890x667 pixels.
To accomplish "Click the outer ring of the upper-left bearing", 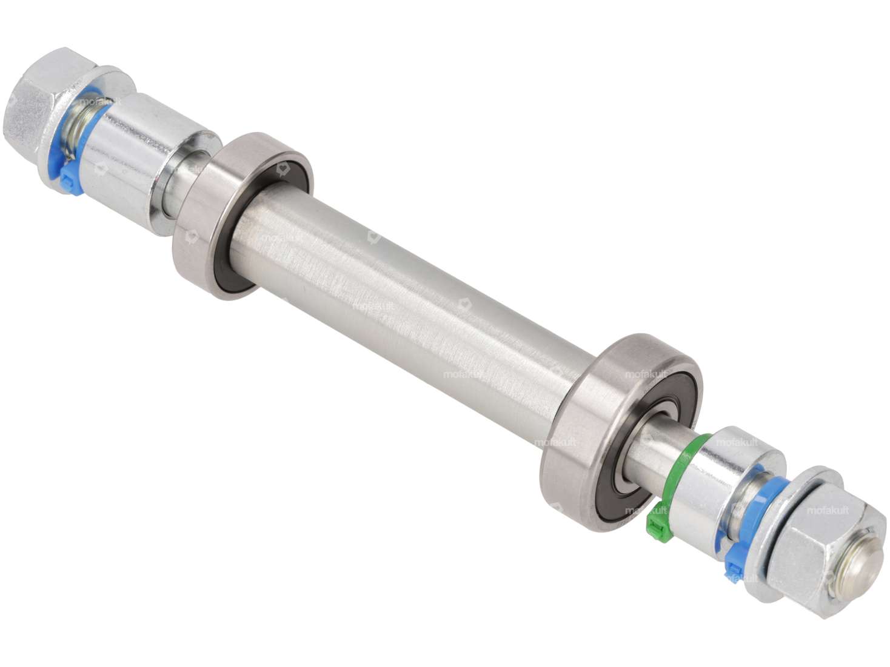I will [x=200, y=242].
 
